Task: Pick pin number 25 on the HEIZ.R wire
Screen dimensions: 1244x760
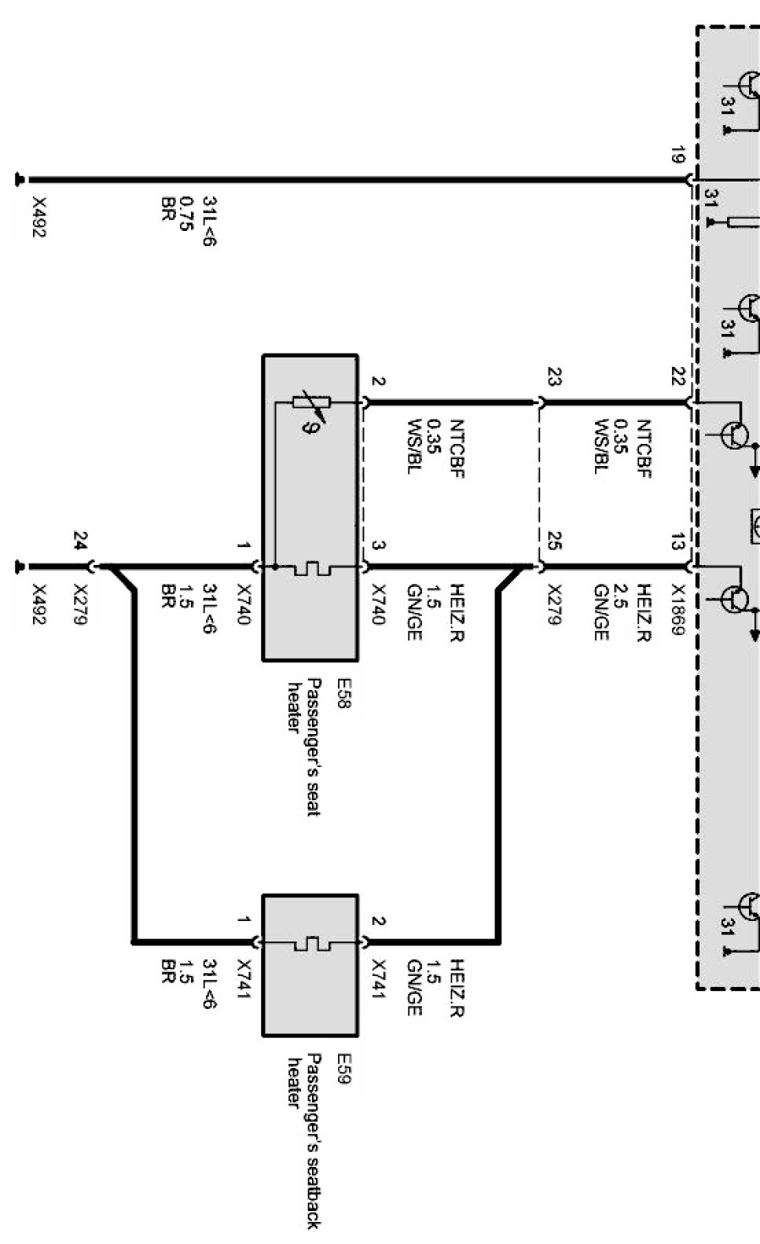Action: [554, 541]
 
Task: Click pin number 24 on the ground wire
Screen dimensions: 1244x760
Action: [81, 541]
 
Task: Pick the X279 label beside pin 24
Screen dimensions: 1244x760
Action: [81, 604]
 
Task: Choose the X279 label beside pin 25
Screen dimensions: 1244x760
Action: [554, 604]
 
